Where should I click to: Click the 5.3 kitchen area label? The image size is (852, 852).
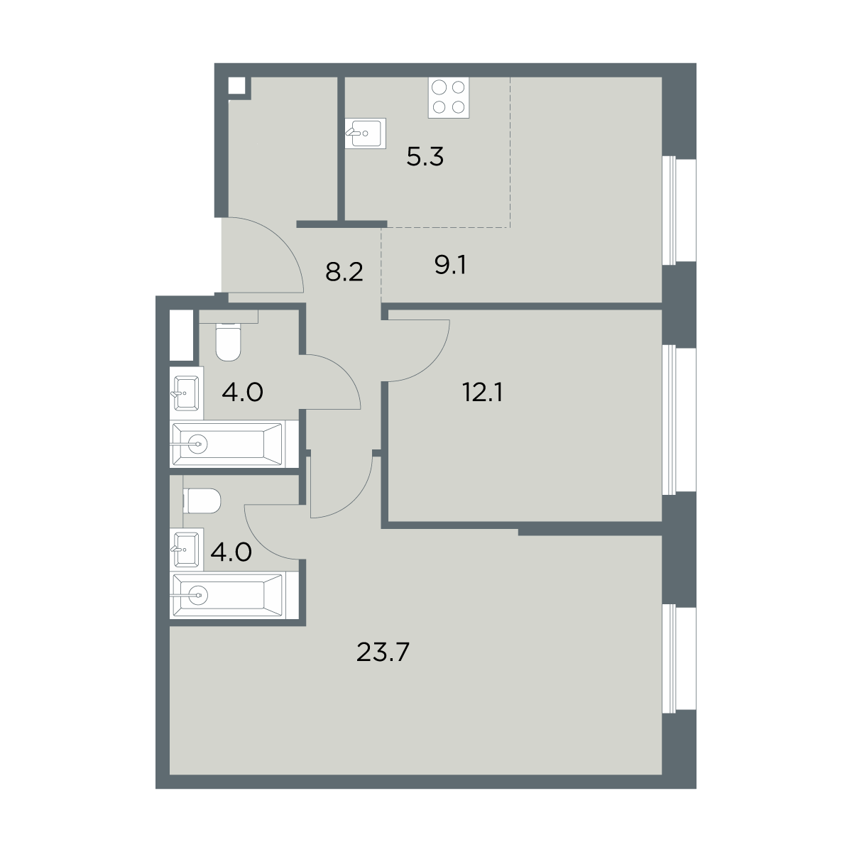(425, 156)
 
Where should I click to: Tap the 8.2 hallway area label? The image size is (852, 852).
(344, 272)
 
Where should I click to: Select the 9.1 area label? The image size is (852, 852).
(450, 266)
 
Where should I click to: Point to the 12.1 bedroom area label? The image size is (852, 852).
(482, 392)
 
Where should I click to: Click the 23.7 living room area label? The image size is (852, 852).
(383, 652)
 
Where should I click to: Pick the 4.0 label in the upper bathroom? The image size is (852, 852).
(242, 392)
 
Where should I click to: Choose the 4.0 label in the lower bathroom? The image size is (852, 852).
(231, 552)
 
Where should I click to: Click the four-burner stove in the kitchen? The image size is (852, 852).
(448, 98)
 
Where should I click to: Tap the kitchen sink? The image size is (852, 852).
(365, 133)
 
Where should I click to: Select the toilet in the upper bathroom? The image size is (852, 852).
(228, 342)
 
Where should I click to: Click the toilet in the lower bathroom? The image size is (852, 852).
(202, 501)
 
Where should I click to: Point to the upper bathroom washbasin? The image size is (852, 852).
(187, 393)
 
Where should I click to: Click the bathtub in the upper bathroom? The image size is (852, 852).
(226, 444)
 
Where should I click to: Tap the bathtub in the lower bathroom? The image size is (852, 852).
(226, 596)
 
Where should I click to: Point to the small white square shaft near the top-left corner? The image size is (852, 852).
(236, 85)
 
